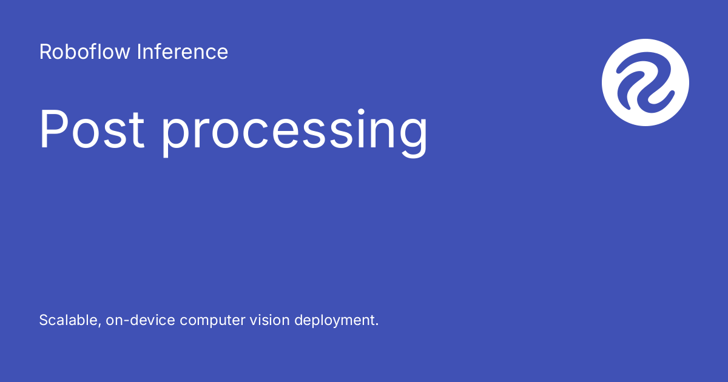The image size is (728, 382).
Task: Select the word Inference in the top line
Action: [x=182, y=52]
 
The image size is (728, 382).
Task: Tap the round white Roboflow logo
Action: [x=645, y=82]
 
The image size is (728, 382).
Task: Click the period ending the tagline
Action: [x=377, y=325]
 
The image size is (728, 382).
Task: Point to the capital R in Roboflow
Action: [x=45, y=52]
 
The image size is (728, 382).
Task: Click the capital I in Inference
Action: [x=139, y=52]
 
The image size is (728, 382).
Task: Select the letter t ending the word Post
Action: [x=138, y=130]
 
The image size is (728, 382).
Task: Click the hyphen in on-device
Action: [x=126, y=321]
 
